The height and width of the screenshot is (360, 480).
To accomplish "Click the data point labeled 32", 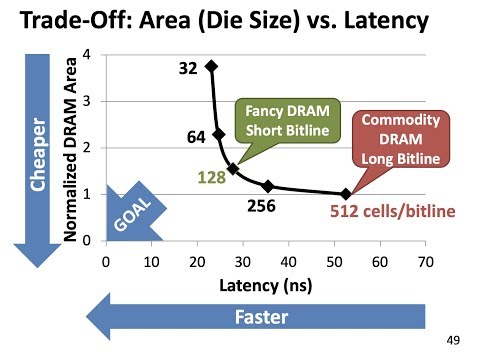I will pos(211,66).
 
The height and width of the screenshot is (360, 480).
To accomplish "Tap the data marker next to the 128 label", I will pos(233,169).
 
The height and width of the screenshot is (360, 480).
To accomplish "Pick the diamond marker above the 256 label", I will pos(267,186).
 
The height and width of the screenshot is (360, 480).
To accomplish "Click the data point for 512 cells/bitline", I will pos(346,194).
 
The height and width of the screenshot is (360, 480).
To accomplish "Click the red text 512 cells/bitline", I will pos(391,211).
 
